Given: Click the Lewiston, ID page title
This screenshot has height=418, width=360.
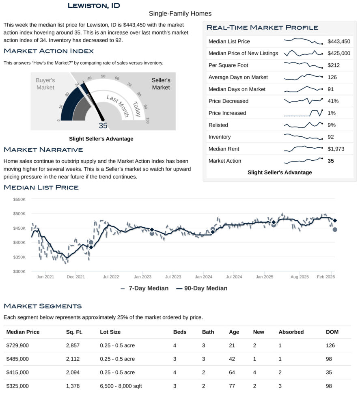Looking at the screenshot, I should click(94, 6).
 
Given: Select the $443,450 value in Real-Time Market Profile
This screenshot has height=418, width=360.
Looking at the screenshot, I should click(338, 41).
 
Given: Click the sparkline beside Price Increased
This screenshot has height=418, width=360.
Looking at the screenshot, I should click(303, 113).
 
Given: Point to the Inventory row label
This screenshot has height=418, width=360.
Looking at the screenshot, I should click(220, 137).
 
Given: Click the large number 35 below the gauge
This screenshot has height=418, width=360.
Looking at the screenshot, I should click(103, 126).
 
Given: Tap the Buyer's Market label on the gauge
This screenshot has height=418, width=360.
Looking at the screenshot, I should click(45, 84).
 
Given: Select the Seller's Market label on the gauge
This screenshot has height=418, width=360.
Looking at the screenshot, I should click(161, 84).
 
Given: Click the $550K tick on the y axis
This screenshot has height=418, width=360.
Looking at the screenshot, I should click(19, 200).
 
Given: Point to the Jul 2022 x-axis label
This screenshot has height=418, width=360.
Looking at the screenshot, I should click(111, 277).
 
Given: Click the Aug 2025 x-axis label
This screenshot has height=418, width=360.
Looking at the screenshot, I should click(300, 277).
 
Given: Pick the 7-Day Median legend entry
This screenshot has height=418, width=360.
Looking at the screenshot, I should click(144, 288).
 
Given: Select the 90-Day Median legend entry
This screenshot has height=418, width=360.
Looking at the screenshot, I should click(202, 288).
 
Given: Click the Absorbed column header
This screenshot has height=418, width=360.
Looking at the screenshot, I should click(291, 332).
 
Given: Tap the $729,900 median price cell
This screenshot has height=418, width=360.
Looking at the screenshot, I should click(18, 345).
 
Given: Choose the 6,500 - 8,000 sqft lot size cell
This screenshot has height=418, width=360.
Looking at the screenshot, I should click(121, 386).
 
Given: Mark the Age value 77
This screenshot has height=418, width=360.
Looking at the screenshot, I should click(232, 386).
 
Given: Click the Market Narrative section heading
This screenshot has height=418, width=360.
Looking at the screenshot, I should click(43, 150).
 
